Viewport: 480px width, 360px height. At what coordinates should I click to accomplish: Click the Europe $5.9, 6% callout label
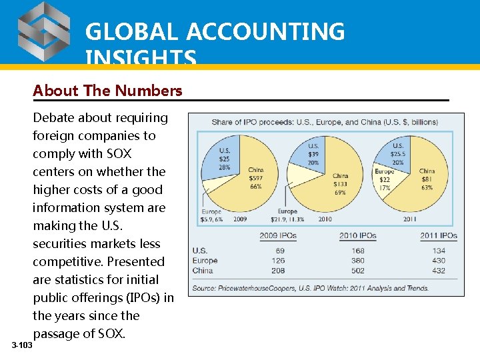(211, 215)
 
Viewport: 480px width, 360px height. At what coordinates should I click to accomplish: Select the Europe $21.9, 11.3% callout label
(287, 215)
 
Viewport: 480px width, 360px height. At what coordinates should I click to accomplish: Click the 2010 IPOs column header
(357, 235)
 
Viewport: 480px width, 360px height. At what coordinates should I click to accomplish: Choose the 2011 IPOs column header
(438, 235)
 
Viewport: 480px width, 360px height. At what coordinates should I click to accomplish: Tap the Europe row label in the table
(205, 261)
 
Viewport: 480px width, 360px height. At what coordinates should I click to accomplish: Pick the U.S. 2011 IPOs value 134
(438, 251)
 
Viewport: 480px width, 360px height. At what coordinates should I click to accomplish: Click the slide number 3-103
(21, 345)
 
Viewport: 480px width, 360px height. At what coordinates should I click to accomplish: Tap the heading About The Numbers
(107, 91)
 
